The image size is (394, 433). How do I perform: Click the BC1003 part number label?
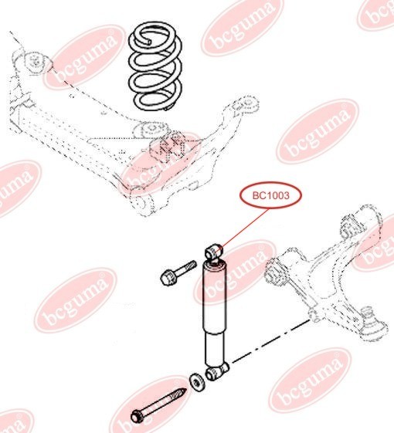pyautogui.click(x=267, y=195)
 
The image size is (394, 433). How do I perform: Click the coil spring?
pyautogui.click(x=155, y=67)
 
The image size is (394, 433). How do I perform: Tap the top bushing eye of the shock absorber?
pyautogui.click(x=214, y=252)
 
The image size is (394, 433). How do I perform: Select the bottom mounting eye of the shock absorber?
pyautogui.click(x=216, y=372)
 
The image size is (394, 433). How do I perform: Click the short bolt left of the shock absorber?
pyautogui.click(x=178, y=272)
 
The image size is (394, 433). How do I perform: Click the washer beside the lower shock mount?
pyautogui.click(x=197, y=383)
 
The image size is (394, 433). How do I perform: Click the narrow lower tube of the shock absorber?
pyautogui.click(x=215, y=349)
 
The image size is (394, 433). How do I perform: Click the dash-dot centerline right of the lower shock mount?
pyautogui.click(x=270, y=341)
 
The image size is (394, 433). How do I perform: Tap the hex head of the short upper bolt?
pyautogui.click(x=168, y=278)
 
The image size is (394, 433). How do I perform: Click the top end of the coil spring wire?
pyautogui.click(x=149, y=42)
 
